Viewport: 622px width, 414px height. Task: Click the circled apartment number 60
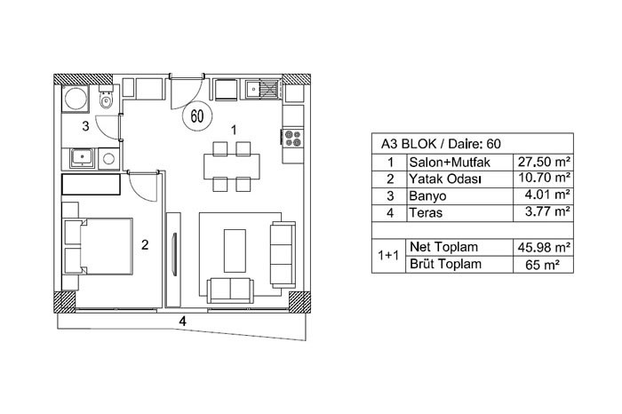[197, 115]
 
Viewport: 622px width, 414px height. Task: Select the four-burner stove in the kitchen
[292, 138]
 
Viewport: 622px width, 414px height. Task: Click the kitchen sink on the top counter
[251, 89]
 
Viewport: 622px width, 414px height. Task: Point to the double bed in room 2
[99, 246]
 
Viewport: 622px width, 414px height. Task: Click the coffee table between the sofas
[235, 251]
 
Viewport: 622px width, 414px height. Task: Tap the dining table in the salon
[232, 166]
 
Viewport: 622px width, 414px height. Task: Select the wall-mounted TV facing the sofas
[174, 254]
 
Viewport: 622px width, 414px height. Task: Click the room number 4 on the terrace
[182, 321]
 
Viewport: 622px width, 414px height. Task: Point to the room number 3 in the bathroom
[85, 126]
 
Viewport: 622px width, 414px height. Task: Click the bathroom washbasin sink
[82, 159]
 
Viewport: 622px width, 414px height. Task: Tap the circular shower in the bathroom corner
[76, 99]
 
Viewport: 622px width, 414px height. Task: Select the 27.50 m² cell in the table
[544, 162]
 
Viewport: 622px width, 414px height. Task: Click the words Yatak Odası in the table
[445, 179]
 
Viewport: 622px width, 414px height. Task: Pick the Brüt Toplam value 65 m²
[542, 265]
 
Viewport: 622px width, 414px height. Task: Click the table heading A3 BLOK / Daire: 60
[441, 144]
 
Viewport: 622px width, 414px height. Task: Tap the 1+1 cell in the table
[388, 255]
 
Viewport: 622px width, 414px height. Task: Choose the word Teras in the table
[426, 212]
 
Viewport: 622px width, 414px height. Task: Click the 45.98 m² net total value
[544, 248]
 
